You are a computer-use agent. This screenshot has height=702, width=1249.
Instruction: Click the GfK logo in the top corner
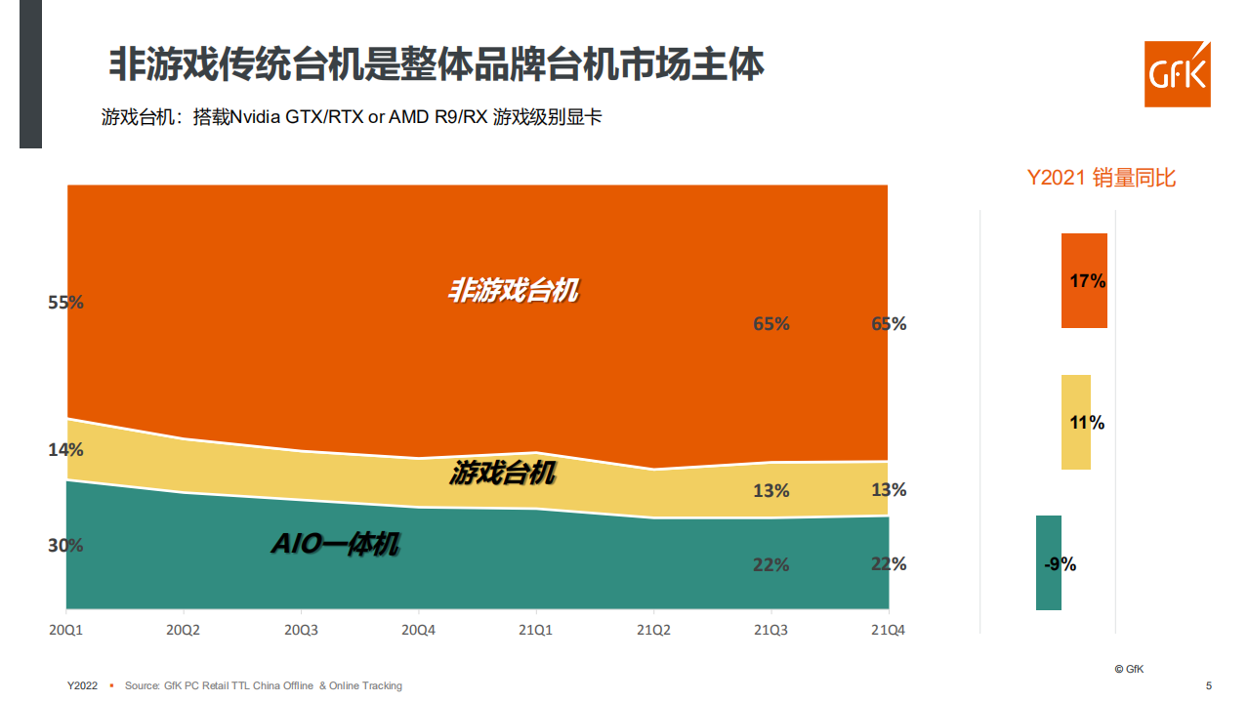(1177, 74)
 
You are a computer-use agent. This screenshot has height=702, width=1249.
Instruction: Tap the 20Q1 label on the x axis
(65, 631)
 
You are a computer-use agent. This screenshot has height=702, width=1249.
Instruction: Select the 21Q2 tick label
(653, 631)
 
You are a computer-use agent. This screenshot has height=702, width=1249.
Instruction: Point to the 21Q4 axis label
(888, 631)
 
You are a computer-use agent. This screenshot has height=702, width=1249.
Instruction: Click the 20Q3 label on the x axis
(301, 631)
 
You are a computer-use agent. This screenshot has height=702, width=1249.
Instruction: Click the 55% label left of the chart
(65, 303)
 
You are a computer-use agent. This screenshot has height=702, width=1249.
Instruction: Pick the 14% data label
(65, 450)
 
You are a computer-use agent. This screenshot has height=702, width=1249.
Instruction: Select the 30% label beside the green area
(65, 546)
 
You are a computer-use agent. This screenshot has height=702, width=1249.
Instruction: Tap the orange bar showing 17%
(1084, 281)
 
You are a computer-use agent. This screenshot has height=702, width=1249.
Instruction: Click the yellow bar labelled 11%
(1076, 423)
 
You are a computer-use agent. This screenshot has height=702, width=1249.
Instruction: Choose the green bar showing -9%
(1049, 563)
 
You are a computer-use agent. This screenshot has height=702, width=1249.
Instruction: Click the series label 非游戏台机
(513, 291)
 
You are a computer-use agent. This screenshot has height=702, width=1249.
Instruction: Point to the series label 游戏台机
(503, 475)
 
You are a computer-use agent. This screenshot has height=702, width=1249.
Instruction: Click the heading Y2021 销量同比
(1102, 178)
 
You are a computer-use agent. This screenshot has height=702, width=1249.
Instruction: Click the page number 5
(1209, 685)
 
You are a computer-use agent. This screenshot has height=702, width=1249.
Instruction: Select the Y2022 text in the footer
(82, 685)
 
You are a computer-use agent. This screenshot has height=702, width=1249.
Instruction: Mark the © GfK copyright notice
(1129, 669)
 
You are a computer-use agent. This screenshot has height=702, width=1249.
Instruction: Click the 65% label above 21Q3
(770, 324)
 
